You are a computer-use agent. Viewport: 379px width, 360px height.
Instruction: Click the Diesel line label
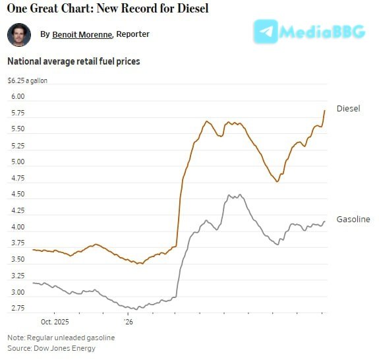tap(348, 109)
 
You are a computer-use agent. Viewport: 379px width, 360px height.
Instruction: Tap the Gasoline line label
tap(353, 220)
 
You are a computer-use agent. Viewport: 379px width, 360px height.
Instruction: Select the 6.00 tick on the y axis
tap(18, 96)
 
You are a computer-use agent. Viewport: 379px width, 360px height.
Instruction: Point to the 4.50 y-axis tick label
tap(18, 194)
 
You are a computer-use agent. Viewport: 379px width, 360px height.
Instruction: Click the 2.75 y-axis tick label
tap(18, 309)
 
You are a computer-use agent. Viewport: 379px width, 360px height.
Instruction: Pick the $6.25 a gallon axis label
tap(27, 80)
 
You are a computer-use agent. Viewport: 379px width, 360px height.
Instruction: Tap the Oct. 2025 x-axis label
tap(55, 322)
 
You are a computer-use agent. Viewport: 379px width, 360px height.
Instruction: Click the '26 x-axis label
tap(128, 322)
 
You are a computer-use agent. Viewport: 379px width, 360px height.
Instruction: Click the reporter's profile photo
tap(19, 35)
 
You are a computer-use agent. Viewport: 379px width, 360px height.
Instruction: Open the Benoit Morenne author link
tap(82, 34)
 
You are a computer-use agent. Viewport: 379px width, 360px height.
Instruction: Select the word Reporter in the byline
tap(132, 34)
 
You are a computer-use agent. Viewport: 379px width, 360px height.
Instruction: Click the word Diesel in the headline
tap(192, 8)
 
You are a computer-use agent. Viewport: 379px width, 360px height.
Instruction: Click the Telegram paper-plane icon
tap(266, 32)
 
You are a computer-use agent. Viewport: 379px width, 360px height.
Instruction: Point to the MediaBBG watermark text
tap(322, 32)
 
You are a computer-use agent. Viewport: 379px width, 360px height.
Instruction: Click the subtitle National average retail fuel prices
tap(74, 61)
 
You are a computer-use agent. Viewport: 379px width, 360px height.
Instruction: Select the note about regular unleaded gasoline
tap(61, 338)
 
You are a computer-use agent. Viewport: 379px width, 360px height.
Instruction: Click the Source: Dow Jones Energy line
tap(51, 348)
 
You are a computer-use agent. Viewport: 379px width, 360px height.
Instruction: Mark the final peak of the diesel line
tap(324, 111)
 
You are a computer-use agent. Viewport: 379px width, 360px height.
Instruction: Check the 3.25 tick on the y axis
tap(18, 276)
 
